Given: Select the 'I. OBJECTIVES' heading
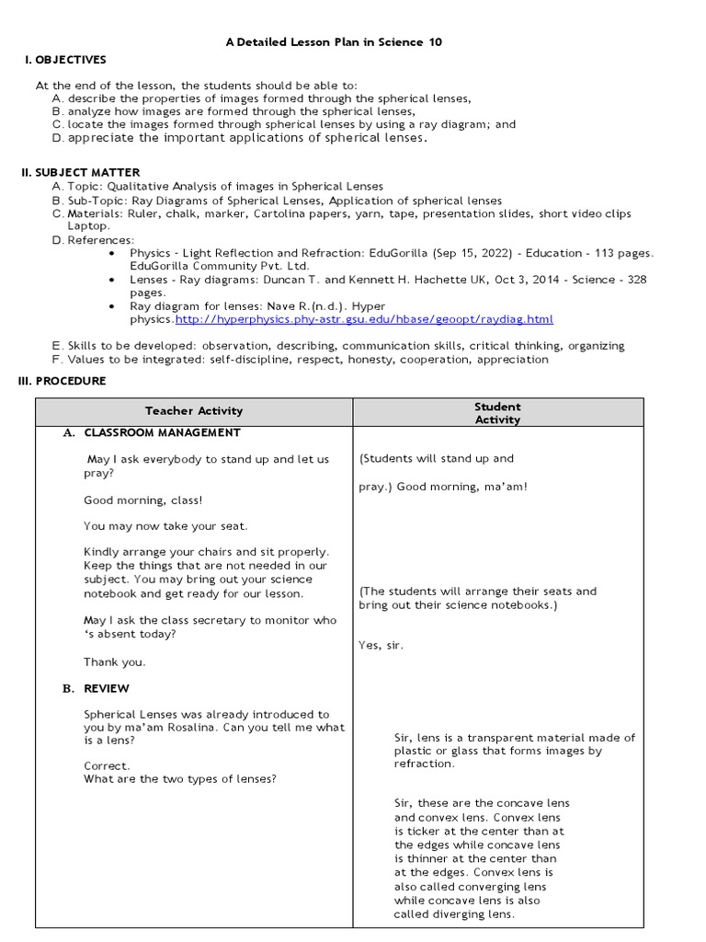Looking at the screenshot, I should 65,60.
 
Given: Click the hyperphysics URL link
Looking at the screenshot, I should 364,319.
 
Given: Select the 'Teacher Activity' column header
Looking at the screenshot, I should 194,411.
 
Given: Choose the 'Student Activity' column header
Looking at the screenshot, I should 497,413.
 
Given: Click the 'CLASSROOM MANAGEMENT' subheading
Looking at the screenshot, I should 162,432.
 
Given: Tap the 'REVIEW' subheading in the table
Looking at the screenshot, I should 107,688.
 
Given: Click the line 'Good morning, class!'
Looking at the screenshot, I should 142,500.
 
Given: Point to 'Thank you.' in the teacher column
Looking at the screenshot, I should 114,662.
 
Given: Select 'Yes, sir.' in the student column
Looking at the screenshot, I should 381,645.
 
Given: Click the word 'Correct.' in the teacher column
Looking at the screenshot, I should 107,765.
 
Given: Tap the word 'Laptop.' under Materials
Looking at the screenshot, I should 88,225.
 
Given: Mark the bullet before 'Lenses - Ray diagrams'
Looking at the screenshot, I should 111,279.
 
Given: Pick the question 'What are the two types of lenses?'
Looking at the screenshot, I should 180,779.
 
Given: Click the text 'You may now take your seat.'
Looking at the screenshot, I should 165,526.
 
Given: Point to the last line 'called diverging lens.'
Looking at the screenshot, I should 454,914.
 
